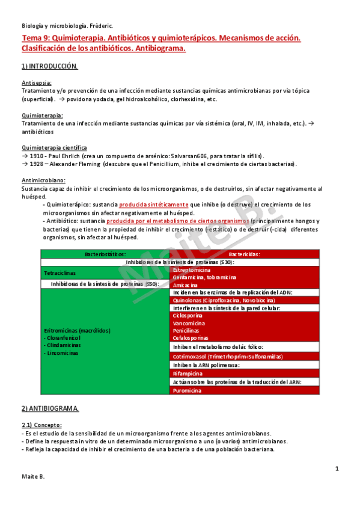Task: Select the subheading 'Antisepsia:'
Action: tap(37, 82)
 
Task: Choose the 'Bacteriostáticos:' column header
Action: tap(105, 254)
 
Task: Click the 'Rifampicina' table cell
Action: tap(188, 373)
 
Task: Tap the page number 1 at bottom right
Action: tap(337, 468)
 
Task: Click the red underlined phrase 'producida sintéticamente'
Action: tap(153, 204)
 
